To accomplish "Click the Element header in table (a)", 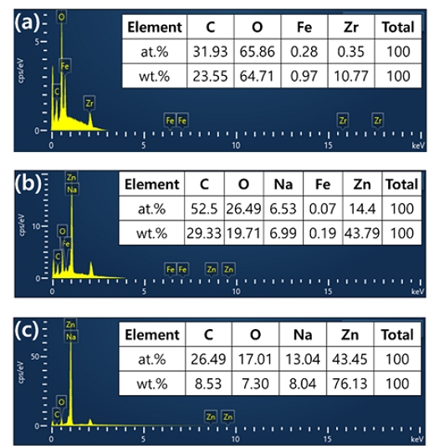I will [153, 28].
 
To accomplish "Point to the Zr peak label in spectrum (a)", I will [89, 102].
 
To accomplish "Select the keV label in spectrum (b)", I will [416, 292].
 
